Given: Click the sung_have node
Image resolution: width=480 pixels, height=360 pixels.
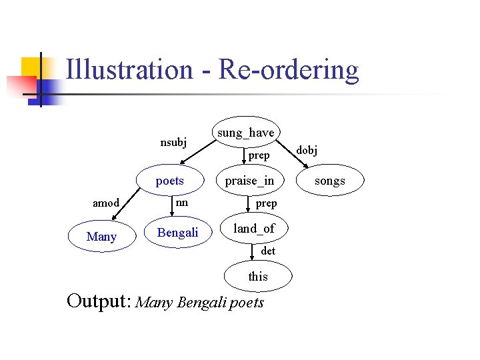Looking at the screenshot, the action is pos(245,133).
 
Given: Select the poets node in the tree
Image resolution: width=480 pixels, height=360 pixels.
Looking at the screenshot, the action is pos(169,181).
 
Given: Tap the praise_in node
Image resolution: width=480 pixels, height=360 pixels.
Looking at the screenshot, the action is pos(249,181).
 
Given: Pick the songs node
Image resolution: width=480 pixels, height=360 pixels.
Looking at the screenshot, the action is pos(329,181).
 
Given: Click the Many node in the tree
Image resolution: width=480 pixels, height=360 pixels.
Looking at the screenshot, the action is pos(101,237).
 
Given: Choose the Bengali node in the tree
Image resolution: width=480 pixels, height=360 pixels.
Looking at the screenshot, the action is pos(177,233).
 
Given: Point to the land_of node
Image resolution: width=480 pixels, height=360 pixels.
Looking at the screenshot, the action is pos(253,229).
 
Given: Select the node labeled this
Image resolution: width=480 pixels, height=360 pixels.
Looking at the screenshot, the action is pos(257,276).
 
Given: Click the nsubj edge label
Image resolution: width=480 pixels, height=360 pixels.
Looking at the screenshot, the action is pos(173,142).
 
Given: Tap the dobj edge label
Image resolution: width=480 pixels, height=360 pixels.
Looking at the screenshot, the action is pos(307,150).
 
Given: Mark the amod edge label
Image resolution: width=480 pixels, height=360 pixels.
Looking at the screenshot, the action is pos(106,203).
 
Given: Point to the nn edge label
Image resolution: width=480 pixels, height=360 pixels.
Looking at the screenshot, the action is pos(181,202).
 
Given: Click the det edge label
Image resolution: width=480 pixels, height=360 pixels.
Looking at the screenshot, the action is pos(268,251).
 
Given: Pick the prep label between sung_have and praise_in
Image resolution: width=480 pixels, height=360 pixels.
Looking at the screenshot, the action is pos(259,155).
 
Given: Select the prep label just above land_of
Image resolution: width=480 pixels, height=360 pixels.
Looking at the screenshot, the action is pos(266,203).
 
